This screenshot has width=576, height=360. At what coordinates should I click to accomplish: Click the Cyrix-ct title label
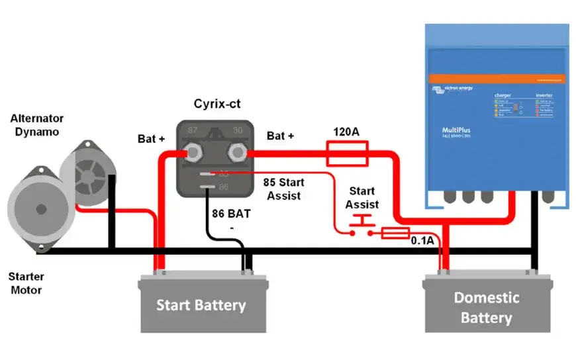click(218, 104)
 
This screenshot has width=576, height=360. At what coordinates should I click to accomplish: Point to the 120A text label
click(346, 133)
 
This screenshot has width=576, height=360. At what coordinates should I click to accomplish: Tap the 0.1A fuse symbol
click(396, 233)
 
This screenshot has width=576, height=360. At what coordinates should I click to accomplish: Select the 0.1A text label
click(422, 241)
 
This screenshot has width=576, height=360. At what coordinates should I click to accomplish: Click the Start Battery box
click(201, 305)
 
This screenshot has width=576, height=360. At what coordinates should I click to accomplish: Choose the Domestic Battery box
click(487, 306)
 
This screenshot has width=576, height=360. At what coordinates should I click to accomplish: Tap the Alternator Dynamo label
click(37, 124)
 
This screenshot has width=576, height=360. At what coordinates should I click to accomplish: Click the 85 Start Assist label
click(283, 189)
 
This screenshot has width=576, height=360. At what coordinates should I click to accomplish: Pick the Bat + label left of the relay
click(151, 139)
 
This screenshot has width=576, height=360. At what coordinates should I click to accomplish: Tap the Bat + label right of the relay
click(281, 136)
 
